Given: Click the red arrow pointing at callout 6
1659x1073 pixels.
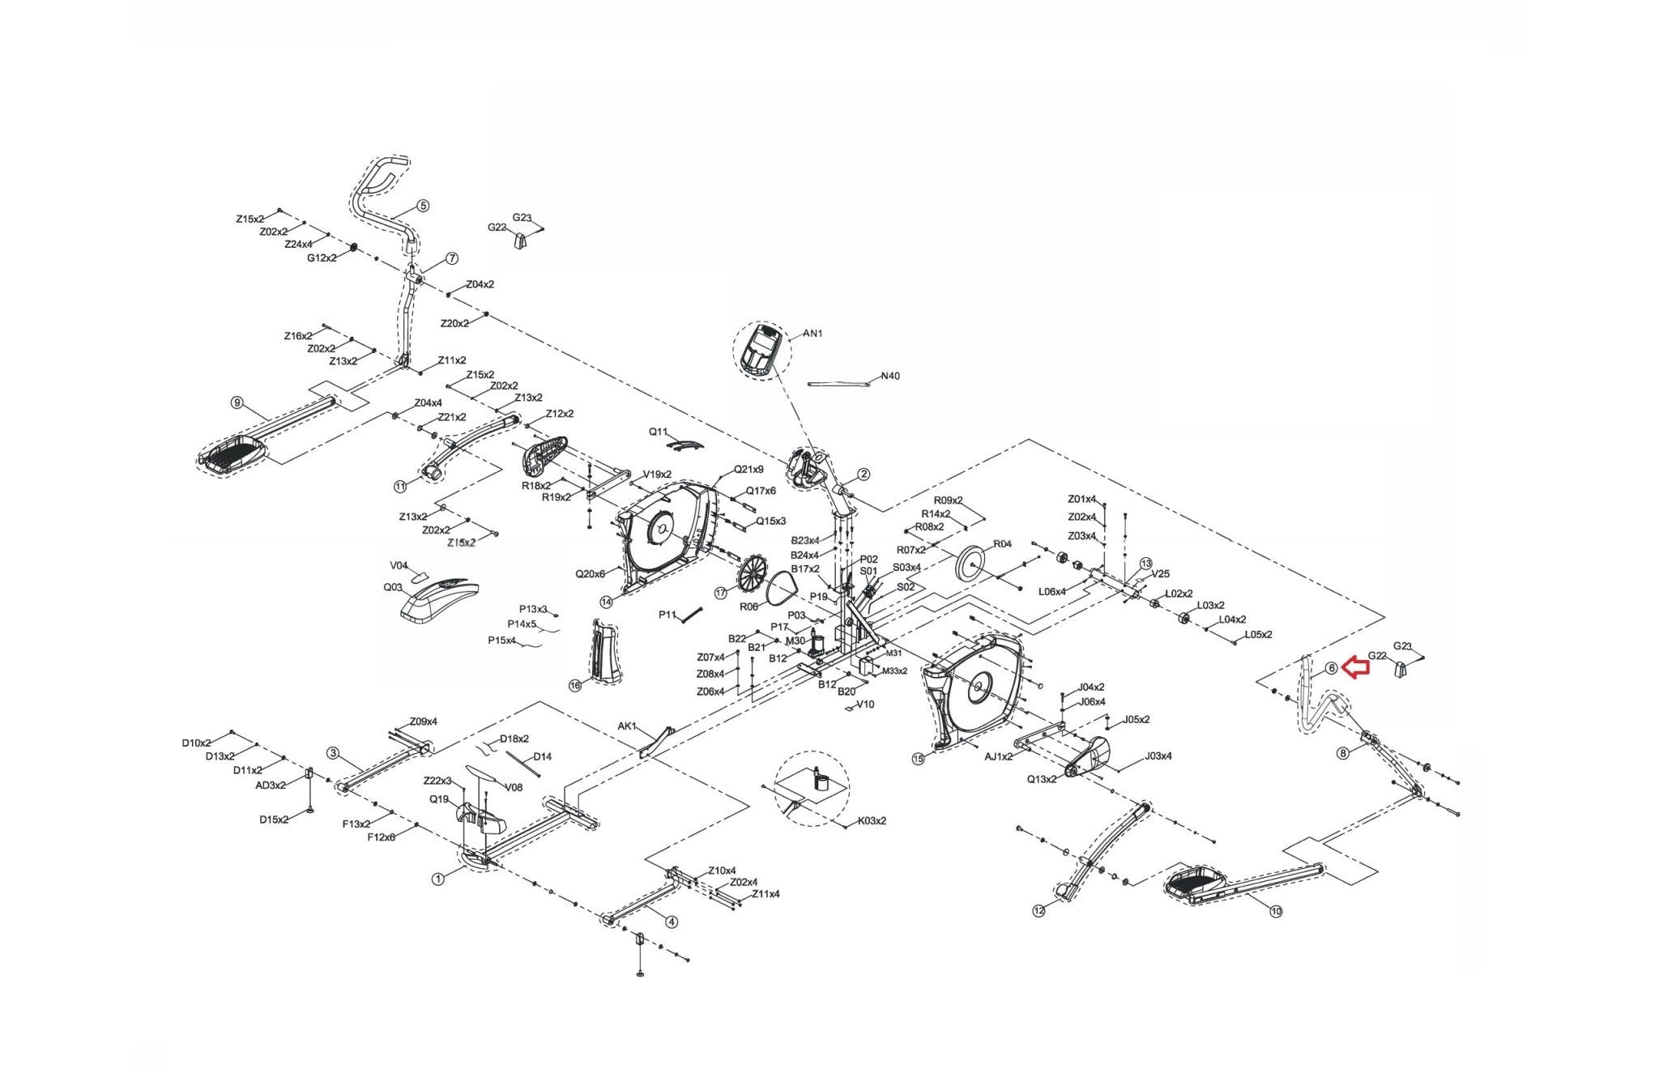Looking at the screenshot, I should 1355,667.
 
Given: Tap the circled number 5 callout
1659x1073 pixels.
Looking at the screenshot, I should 423,207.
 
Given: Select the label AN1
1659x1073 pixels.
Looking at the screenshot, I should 812,334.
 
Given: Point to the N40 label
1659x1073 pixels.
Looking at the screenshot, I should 889,376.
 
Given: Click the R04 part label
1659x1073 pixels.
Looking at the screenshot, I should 1002,544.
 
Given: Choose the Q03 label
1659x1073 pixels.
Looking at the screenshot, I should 393,587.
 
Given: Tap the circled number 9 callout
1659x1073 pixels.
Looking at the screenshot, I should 237,402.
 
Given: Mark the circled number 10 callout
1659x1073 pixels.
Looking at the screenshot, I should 1276,912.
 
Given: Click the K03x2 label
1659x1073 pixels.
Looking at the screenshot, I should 872,820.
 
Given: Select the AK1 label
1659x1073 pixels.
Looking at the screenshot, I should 627,726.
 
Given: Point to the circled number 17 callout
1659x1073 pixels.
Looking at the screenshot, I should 721,593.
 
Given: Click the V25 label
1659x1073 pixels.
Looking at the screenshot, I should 1160,574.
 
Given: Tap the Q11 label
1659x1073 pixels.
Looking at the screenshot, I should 658,432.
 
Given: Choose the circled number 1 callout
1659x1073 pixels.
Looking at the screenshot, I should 438,879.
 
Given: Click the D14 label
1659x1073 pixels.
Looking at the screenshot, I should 542,756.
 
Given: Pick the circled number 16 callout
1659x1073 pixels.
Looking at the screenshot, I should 575,686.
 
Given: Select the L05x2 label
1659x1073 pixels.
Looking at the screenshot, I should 1258,634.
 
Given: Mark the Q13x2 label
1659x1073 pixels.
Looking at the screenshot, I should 1042,779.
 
